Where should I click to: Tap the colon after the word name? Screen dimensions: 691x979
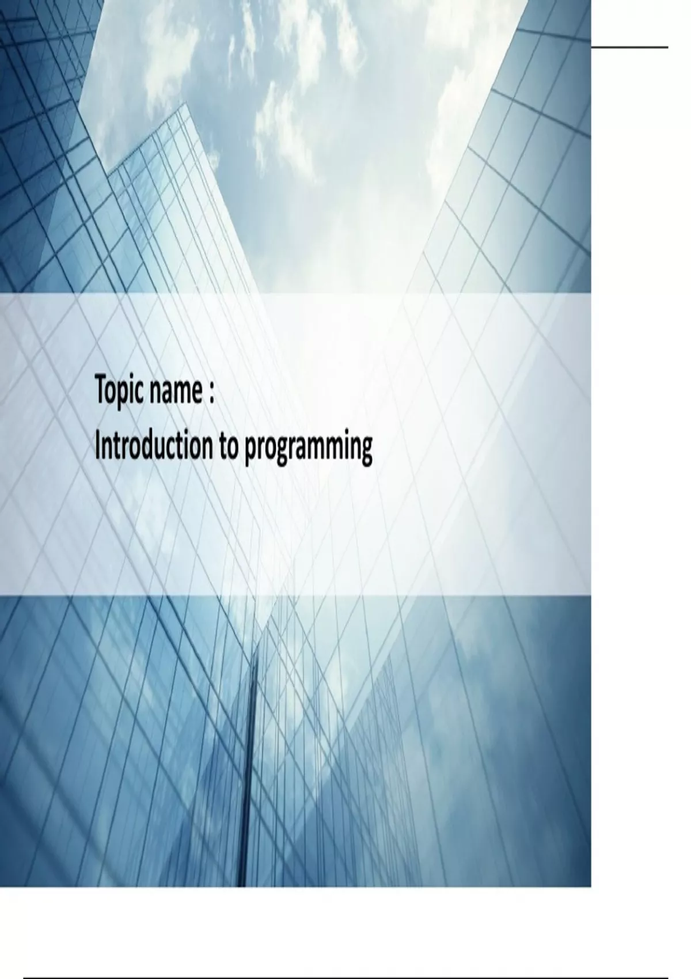click(x=211, y=393)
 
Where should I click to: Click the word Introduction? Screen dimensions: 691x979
click(x=153, y=446)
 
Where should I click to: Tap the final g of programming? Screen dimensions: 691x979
click(x=366, y=452)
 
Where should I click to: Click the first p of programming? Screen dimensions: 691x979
click(x=250, y=452)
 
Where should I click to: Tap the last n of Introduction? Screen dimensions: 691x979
click(x=206, y=450)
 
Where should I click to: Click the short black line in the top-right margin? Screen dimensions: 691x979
click(x=630, y=47)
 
